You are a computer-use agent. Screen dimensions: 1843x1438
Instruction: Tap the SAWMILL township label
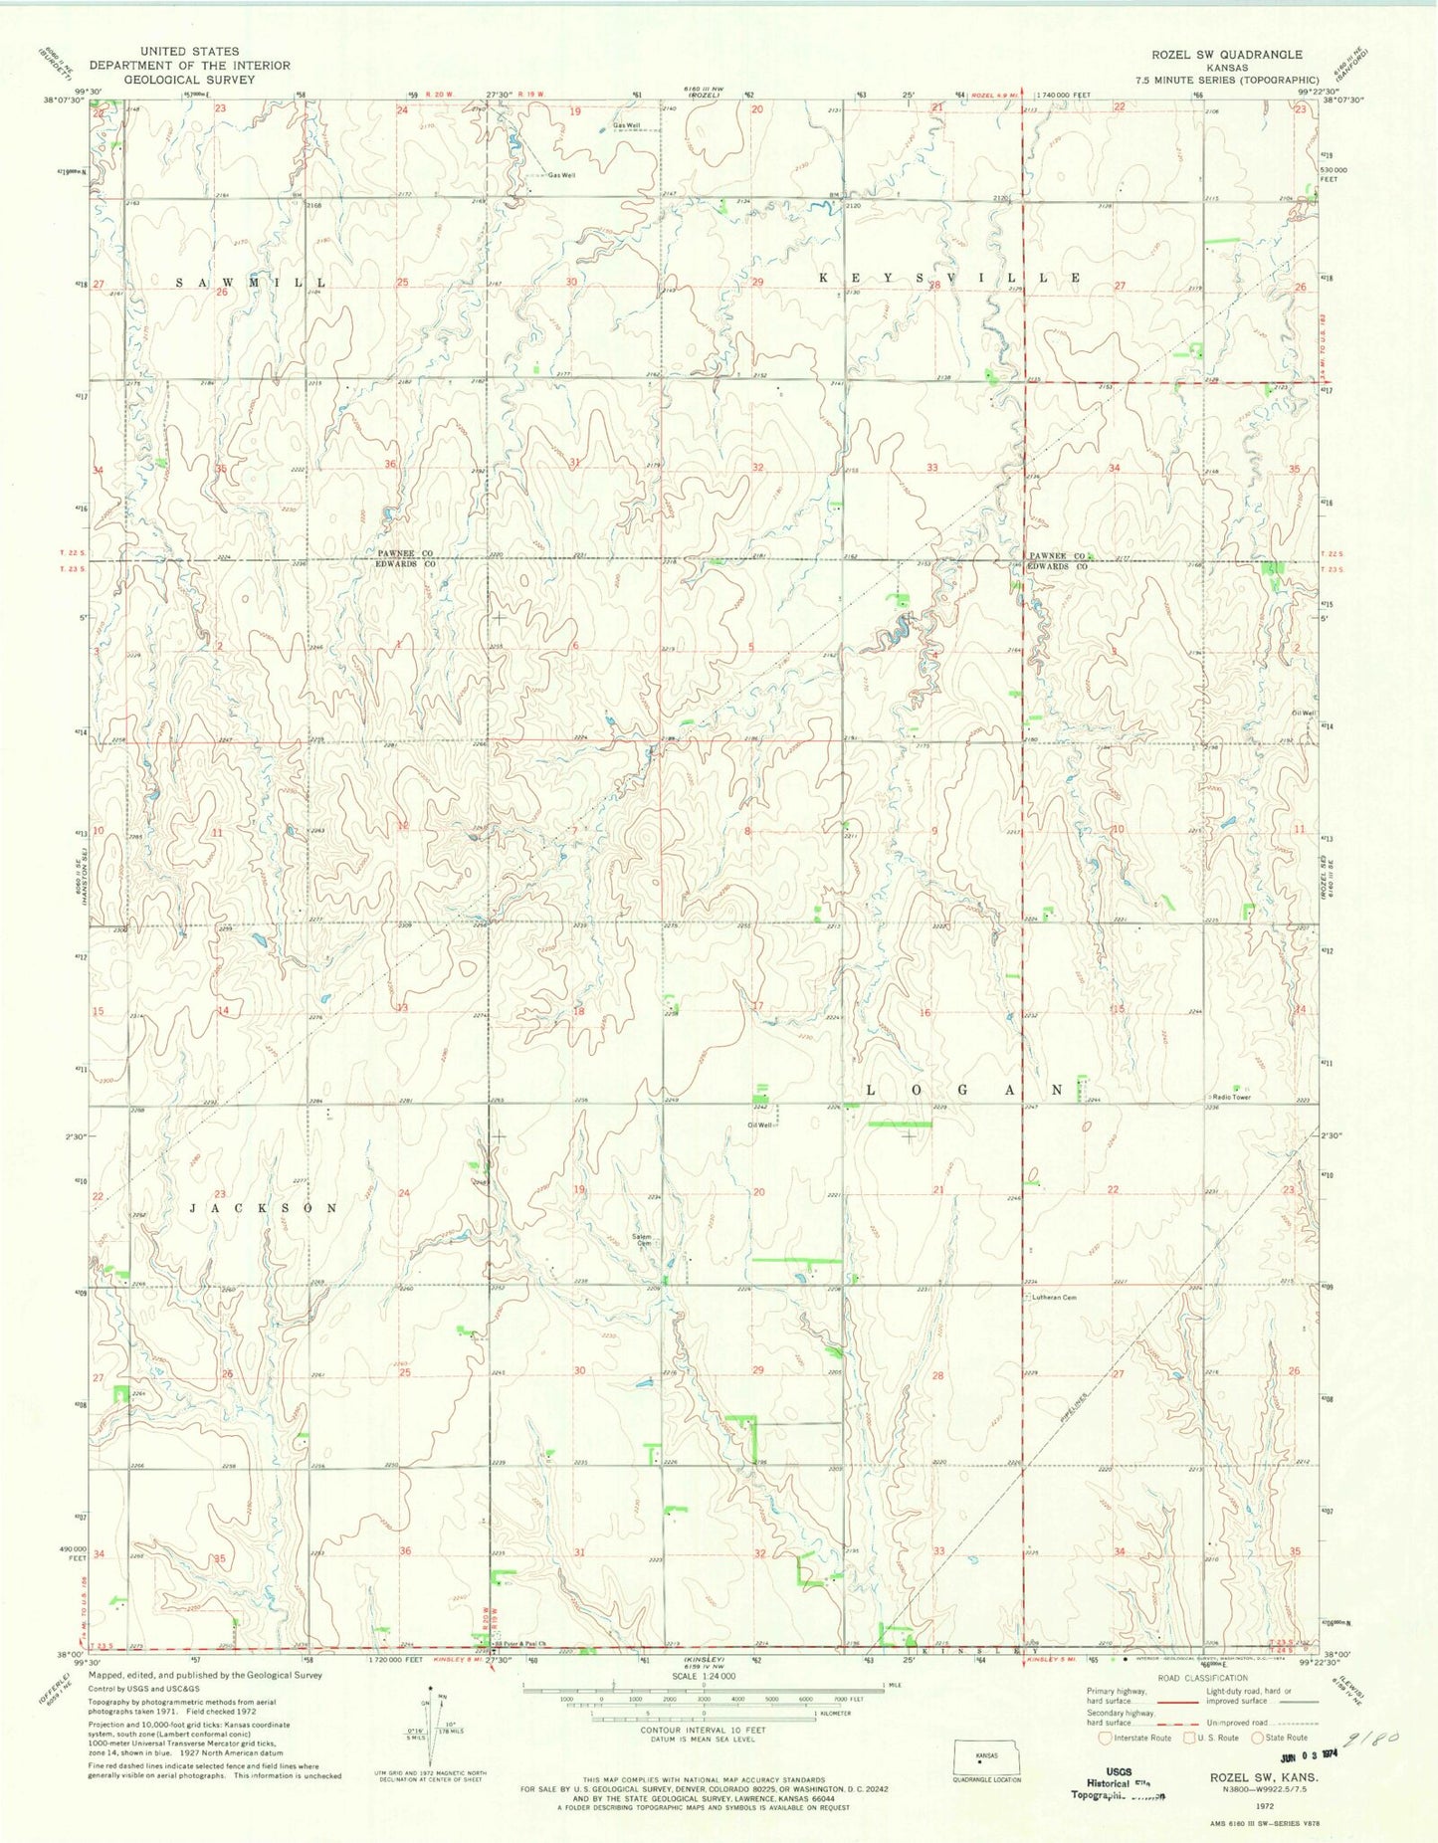coord(251,283)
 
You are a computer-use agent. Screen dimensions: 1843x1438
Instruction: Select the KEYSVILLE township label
coord(948,278)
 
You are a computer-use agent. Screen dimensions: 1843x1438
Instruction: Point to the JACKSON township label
coord(264,1207)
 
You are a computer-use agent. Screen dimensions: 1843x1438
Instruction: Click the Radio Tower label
coord(1230,1097)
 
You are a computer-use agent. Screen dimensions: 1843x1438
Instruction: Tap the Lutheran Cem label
coord(1054,1298)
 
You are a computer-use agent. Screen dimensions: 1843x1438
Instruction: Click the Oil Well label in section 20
coord(759,1126)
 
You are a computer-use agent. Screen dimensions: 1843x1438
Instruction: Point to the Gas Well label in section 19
coord(626,126)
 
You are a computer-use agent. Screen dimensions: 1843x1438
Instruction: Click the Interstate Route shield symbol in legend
coord(1105,1738)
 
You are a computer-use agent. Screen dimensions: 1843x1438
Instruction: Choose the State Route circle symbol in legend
coord(1258,1738)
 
